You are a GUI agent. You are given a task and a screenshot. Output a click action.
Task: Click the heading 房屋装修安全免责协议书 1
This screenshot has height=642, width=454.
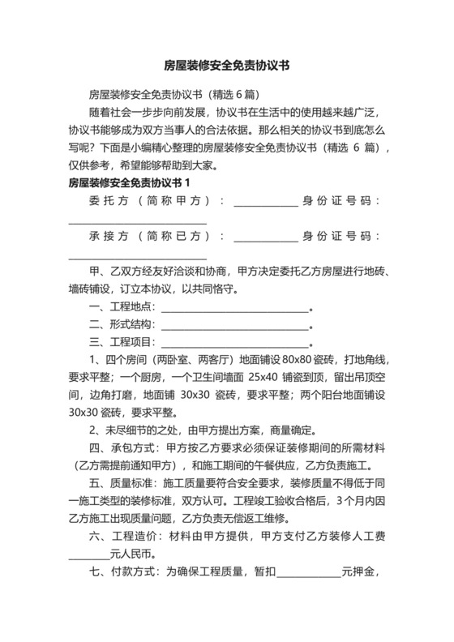tap(131, 182)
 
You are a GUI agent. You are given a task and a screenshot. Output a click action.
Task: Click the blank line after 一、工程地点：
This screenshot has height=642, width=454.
tap(236, 309)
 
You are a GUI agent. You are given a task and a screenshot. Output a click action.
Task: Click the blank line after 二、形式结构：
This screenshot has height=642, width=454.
tap(236, 327)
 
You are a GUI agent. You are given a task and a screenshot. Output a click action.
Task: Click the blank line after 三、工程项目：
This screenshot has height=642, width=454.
tap(236, 344)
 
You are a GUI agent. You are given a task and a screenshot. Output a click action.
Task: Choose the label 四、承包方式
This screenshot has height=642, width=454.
tap(124, 449)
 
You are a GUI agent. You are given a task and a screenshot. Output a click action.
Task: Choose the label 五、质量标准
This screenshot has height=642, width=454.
tap(124, 485)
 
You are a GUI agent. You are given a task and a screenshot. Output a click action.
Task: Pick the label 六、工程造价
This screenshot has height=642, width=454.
tap(124, 538)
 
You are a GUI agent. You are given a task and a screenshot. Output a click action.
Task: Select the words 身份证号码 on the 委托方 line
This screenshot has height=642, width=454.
tap(341, 201)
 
